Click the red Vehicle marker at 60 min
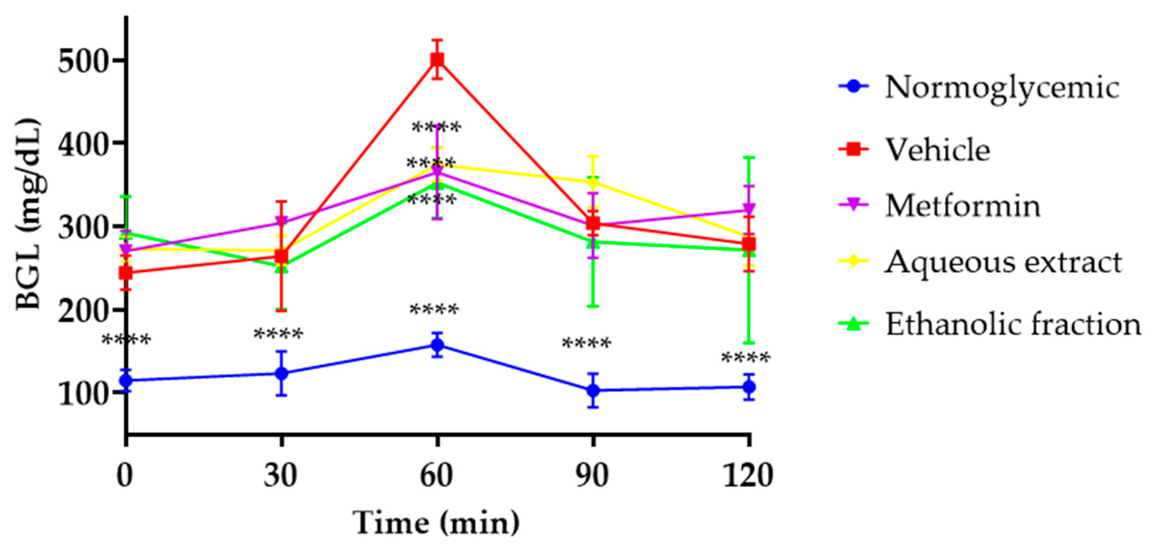437,60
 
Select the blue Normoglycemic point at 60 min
437,345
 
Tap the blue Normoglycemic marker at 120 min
749,387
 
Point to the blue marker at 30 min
281,373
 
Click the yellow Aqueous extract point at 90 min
593,182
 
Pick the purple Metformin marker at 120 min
749,209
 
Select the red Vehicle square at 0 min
126,272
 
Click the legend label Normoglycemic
1002,87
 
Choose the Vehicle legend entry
938,149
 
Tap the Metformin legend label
963,206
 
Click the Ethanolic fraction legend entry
1012,324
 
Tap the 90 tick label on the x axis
593,476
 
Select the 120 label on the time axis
748,476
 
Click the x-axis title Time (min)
437,523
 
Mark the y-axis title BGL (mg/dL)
28,214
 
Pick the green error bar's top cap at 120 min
749,157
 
